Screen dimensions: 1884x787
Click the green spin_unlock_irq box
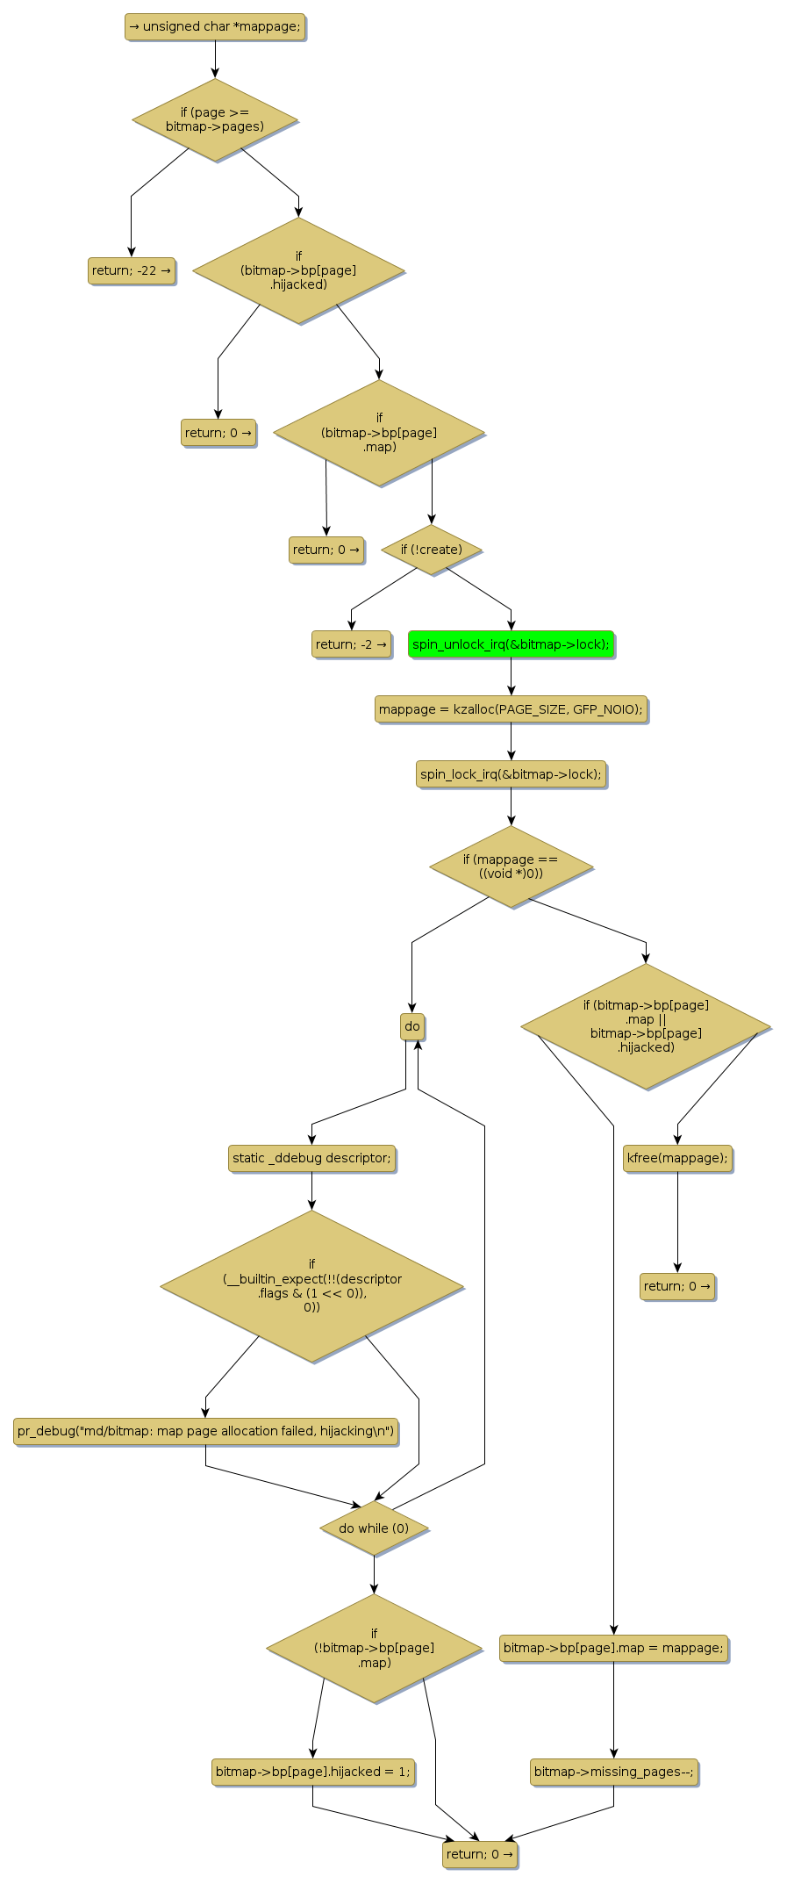[511, 644]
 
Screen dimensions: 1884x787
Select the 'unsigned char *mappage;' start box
[215, 26]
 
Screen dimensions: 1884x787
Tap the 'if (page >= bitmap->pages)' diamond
[215, 119]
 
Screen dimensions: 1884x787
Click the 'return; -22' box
[132, 270]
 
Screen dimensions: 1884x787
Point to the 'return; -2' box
[351, 644]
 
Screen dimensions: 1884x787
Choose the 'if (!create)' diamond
[432, 550]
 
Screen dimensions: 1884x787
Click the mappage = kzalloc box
[511, 709]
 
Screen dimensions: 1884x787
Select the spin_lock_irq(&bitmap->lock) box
[511, 774]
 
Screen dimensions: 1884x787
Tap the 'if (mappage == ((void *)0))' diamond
[511, 866]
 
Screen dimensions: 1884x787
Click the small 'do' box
[412, 1026]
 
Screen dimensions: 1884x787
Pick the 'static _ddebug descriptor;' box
[311, 1158]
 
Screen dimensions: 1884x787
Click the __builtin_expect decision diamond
[311, 1286]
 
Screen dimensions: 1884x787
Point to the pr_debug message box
[205, 1431]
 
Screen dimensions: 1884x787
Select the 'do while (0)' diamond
[374, 1528]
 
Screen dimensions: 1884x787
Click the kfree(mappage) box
[677, 1158]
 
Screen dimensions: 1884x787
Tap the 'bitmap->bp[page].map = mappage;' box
[613, 1648]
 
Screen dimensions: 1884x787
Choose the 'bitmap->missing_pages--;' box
[613, 1772]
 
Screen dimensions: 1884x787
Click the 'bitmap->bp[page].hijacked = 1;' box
[312, 1772]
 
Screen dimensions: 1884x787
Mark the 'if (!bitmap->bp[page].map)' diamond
[374, 1648]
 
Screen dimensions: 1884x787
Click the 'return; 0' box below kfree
[677, 1286]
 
